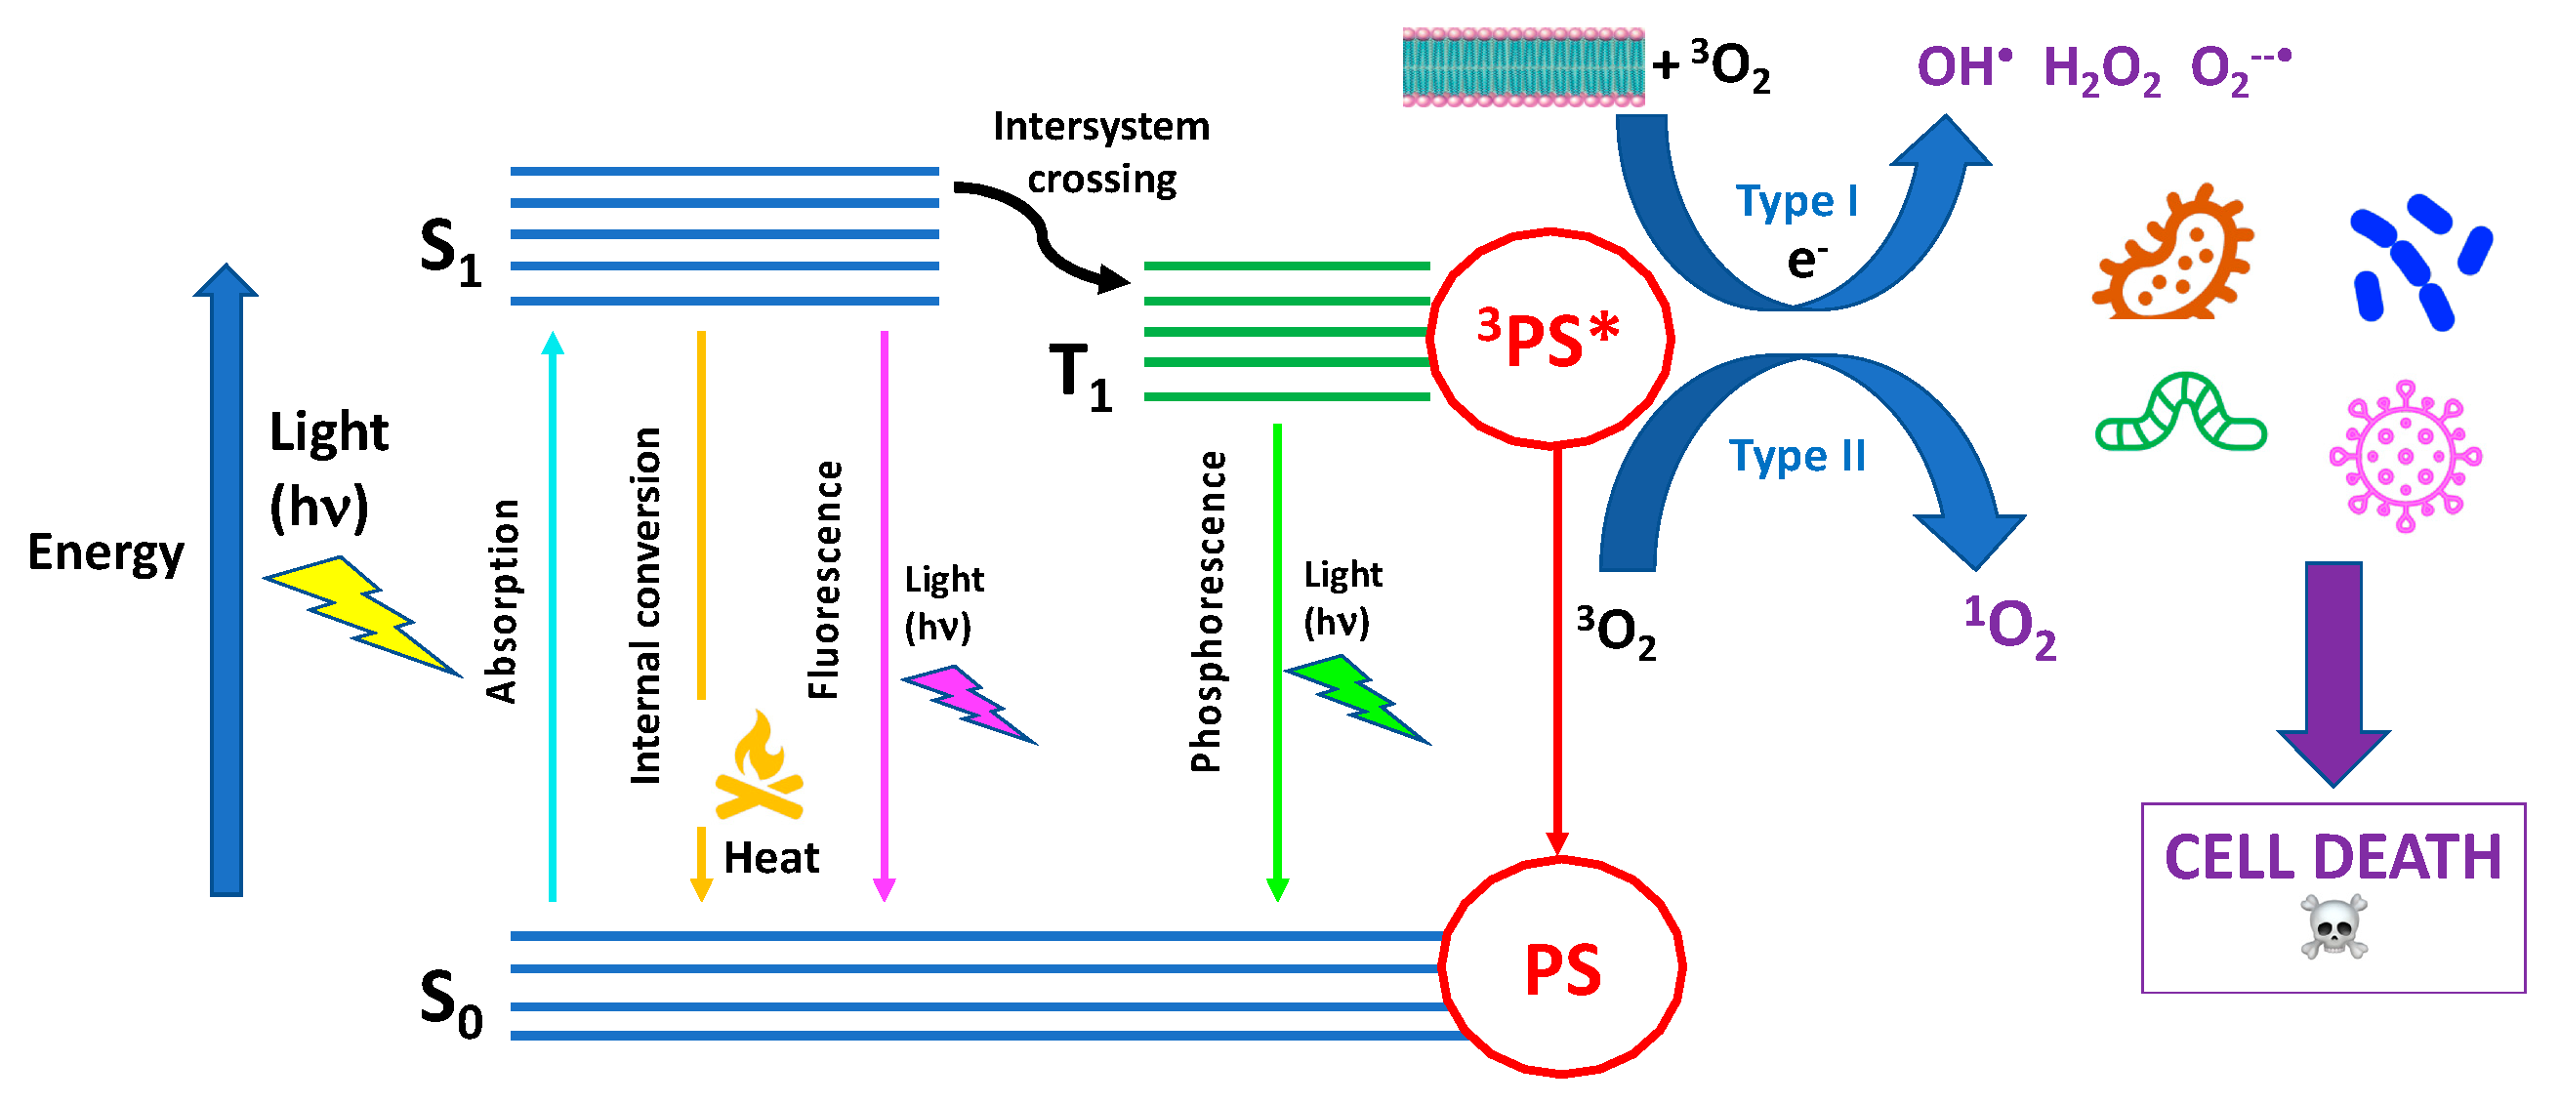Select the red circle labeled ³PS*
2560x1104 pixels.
[x=1550, y=338]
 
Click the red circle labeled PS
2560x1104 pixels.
[x=1561, y=969]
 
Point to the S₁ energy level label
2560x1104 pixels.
[x=450, y=253]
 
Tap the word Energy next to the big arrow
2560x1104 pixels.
[x=105, y=552]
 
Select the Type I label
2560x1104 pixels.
[x=1796, y=202]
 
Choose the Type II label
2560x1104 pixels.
[x=1796, y=457]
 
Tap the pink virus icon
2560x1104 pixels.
[x=2405, y=457]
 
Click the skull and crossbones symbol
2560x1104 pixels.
[x=2333, y=928]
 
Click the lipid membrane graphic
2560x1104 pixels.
[x=1522, y=66]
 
